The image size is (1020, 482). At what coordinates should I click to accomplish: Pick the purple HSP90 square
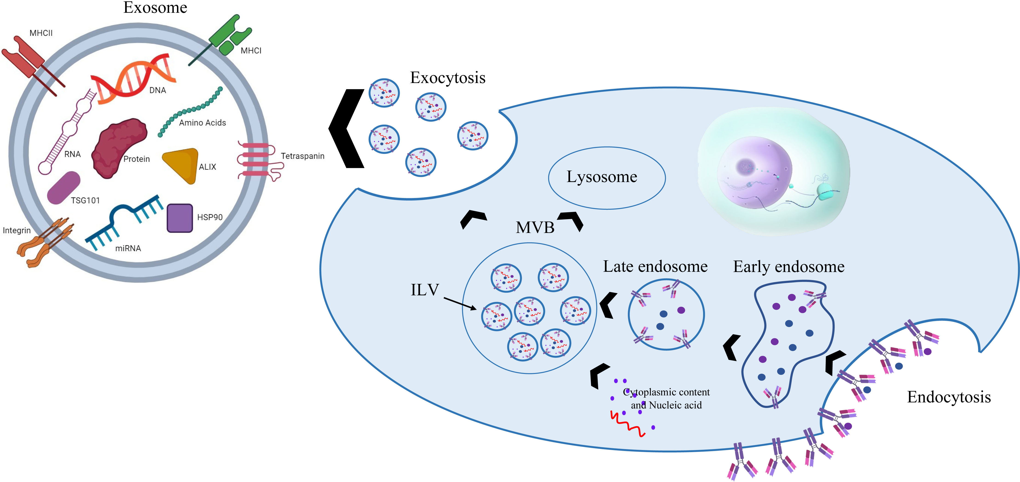(180, 218)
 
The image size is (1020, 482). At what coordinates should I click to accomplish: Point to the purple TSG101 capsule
(63, 188)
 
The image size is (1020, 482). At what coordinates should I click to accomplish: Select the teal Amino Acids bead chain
(190, 111)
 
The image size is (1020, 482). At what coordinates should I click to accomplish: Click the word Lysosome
(602, 177)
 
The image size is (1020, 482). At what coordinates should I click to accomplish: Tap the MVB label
(535, 227)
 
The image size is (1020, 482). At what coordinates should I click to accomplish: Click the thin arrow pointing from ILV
(460, 304)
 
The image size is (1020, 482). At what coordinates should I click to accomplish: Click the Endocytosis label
(949, 397)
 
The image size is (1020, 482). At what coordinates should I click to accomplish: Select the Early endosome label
(789, 267)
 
